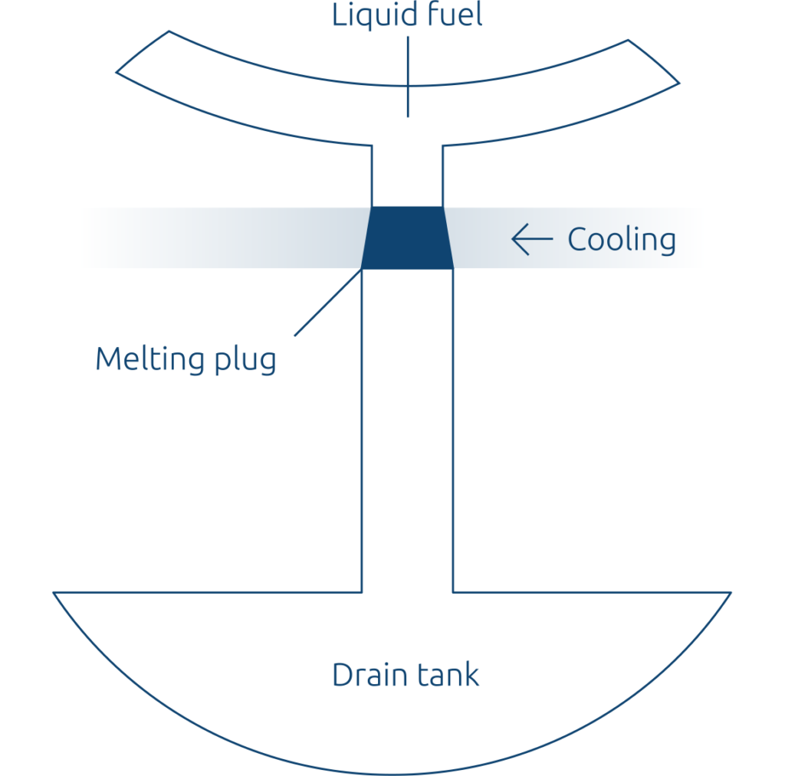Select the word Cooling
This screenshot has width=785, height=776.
tap(622, 240)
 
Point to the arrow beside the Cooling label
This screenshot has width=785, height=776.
tap(532, 240)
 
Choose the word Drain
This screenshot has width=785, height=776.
tap(365, 675)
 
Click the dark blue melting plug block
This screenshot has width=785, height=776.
tap(407, 237)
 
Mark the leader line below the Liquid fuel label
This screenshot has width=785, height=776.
tap(407, 77)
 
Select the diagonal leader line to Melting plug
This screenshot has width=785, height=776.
tap(328, 302)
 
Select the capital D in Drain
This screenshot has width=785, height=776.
tap(342, 675)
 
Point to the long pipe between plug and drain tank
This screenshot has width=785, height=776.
tap(407, 429)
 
